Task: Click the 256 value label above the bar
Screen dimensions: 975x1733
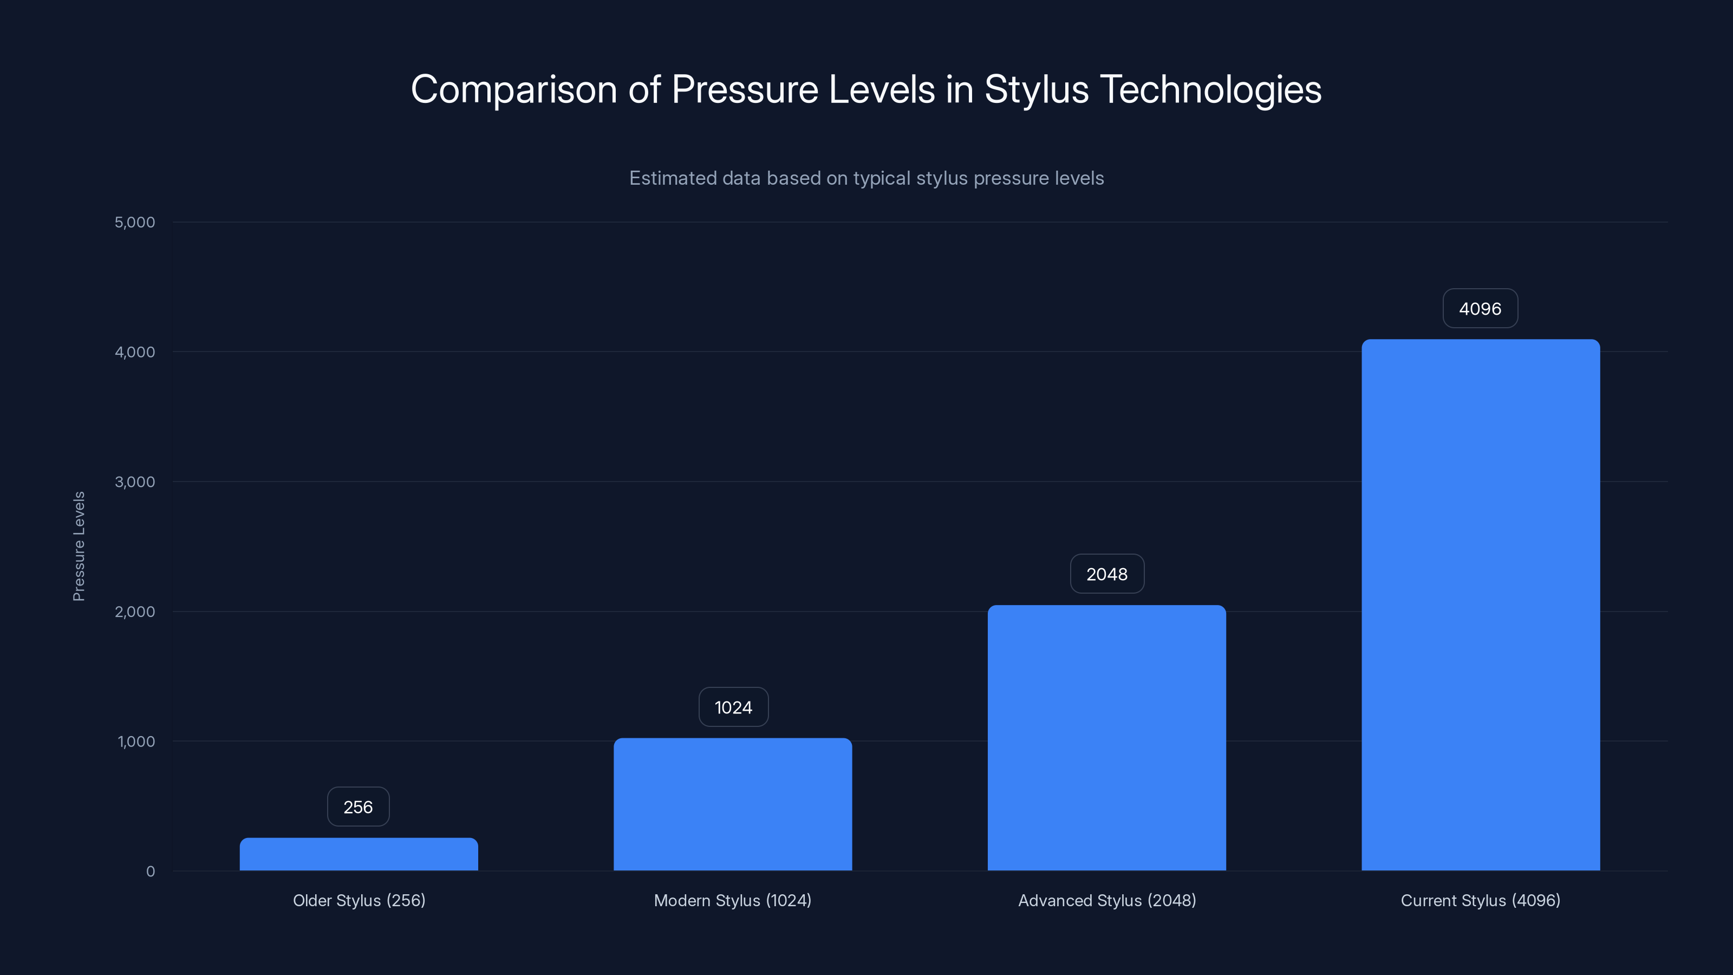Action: pyautogui.click(x=358, y=807)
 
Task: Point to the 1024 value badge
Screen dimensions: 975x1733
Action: pyautogui.click(x=733, y=707)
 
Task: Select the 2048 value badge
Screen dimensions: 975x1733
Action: pyautogui.click(x=1106, y=574)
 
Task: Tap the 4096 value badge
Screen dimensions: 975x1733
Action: pyautogui.click(x=1480, y=309)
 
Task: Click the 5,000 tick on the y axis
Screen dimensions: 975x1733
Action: pyautogui.click(x=134, y=222)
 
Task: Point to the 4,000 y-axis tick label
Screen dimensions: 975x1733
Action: pyautogui.click(x=134, y=352)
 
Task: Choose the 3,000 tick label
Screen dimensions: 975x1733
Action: pyautogui.click(x=134, y=482)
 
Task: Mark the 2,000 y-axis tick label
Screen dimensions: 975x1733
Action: pyautogui.click(x=134, y=612)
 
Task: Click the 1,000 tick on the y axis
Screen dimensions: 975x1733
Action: pyautogui.click(x=136, y=742)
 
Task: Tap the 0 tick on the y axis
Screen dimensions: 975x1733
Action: pyautogui.click(x=150, y=872)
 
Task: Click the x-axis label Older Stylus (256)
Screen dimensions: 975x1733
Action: pyautogui.click(x=359, y=900)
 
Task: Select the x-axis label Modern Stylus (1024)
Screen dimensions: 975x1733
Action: pyautogui.click(x=733, y=900)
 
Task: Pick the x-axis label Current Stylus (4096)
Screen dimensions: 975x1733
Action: pyautogui.click(x=1480, y=900)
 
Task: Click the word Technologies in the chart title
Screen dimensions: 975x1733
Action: pyautogui.click(x=1210, y=89)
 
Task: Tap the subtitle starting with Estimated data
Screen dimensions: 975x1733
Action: pyautogui.click(x=866, y=178)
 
